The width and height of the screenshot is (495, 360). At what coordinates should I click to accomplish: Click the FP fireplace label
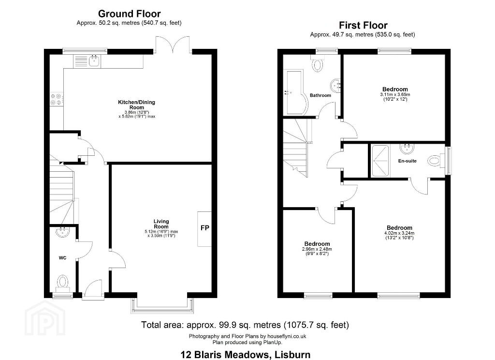tap(204, 227)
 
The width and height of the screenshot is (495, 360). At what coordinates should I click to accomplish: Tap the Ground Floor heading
tap(129, 14)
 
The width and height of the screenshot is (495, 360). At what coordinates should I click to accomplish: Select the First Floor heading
tap(363, 25)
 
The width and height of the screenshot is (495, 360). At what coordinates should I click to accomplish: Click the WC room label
tap(62, 258)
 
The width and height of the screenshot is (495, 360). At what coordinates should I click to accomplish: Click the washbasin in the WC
tap(62, 232)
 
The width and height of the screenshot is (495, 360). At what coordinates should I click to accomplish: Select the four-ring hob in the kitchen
tap(57, 100)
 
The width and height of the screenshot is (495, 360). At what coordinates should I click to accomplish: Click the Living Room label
tap(161, 224)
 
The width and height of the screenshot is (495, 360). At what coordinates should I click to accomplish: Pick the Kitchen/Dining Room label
tap(136, 105)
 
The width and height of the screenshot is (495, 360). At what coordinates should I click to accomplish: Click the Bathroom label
tap(320, 95)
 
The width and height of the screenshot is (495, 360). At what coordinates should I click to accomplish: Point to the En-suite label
tap(407, 161)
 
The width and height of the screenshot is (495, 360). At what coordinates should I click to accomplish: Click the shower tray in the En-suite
tap(380, 161)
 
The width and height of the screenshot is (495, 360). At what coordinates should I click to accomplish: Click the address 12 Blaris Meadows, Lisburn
tap(245, 355)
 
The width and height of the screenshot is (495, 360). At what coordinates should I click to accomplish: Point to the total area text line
tap(245, 325)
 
